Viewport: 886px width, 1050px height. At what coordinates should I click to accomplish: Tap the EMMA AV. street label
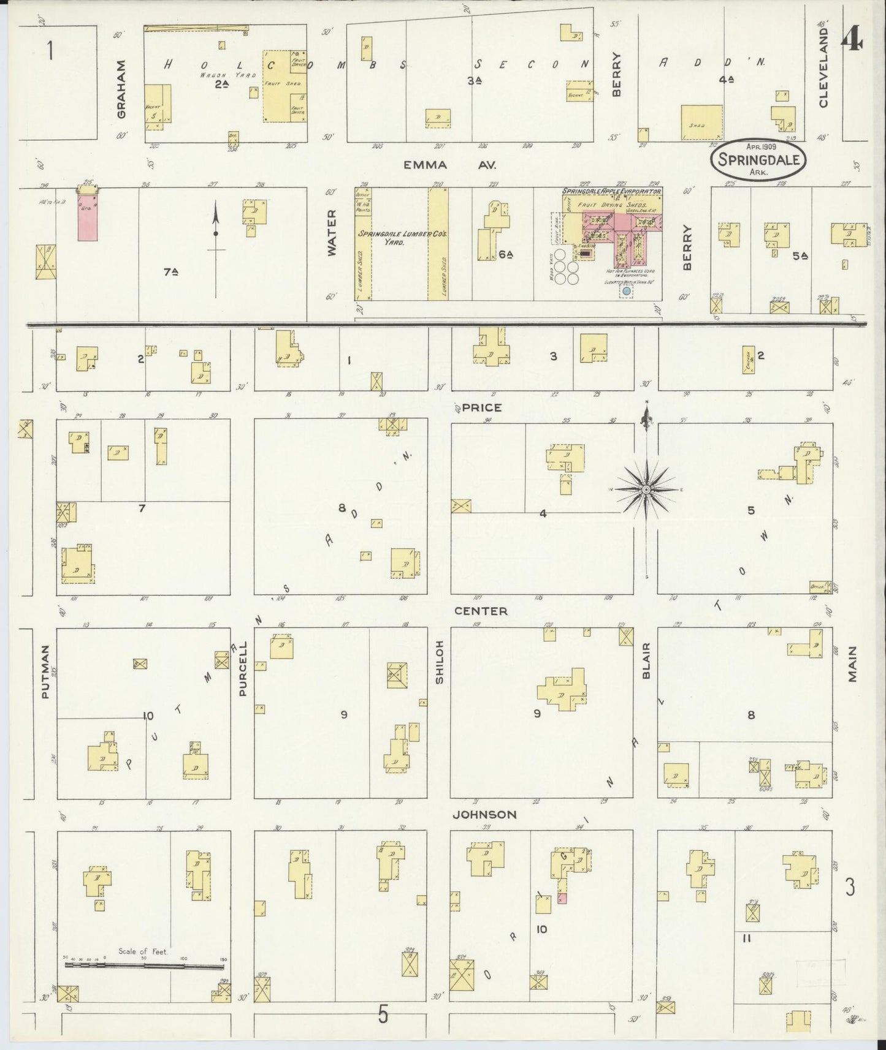(x=449, y=165)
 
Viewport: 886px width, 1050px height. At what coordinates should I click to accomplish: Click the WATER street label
(x=332, y=233)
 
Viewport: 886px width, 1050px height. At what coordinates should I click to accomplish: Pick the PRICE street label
(x=482, y=407)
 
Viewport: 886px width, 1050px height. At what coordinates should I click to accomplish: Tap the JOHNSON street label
(x=484, y=814)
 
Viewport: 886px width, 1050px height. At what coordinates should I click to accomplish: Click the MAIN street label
(x=852, y=664)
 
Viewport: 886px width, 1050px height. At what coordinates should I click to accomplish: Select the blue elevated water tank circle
(x=626, y=292)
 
